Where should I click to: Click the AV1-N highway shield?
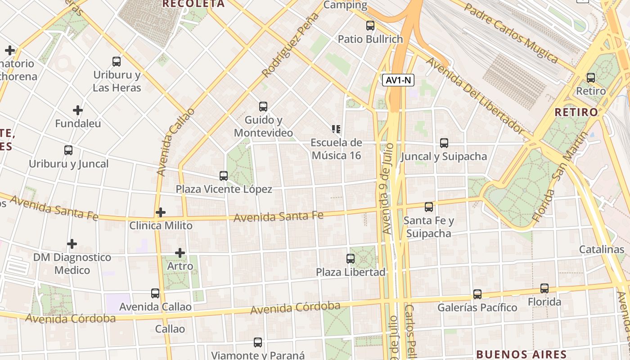[398, 81]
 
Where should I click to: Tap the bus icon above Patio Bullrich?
[370, 26]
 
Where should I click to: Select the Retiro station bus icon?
[591, 78]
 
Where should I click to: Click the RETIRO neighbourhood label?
[576, 112]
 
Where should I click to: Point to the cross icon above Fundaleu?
[78, 110]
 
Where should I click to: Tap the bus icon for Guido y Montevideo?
[263, 107]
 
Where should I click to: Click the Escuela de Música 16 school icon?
[336, 130]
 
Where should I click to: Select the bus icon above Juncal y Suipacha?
[444, 143]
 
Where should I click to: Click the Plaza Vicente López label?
[224, 189]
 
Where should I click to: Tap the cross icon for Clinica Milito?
[161, 212]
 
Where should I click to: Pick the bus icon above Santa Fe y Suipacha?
[429, 207]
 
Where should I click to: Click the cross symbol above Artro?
[180, 253]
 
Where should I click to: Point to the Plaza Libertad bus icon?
[351, 259]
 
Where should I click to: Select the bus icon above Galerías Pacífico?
[477, 294]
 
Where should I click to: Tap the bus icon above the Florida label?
[544, 288]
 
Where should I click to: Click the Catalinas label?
[601, 249]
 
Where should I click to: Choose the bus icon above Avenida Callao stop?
[155, 293]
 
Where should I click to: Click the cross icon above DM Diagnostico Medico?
[72, 244]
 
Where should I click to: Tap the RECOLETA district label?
[193, 4]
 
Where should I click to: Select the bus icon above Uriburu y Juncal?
[68, 150]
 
